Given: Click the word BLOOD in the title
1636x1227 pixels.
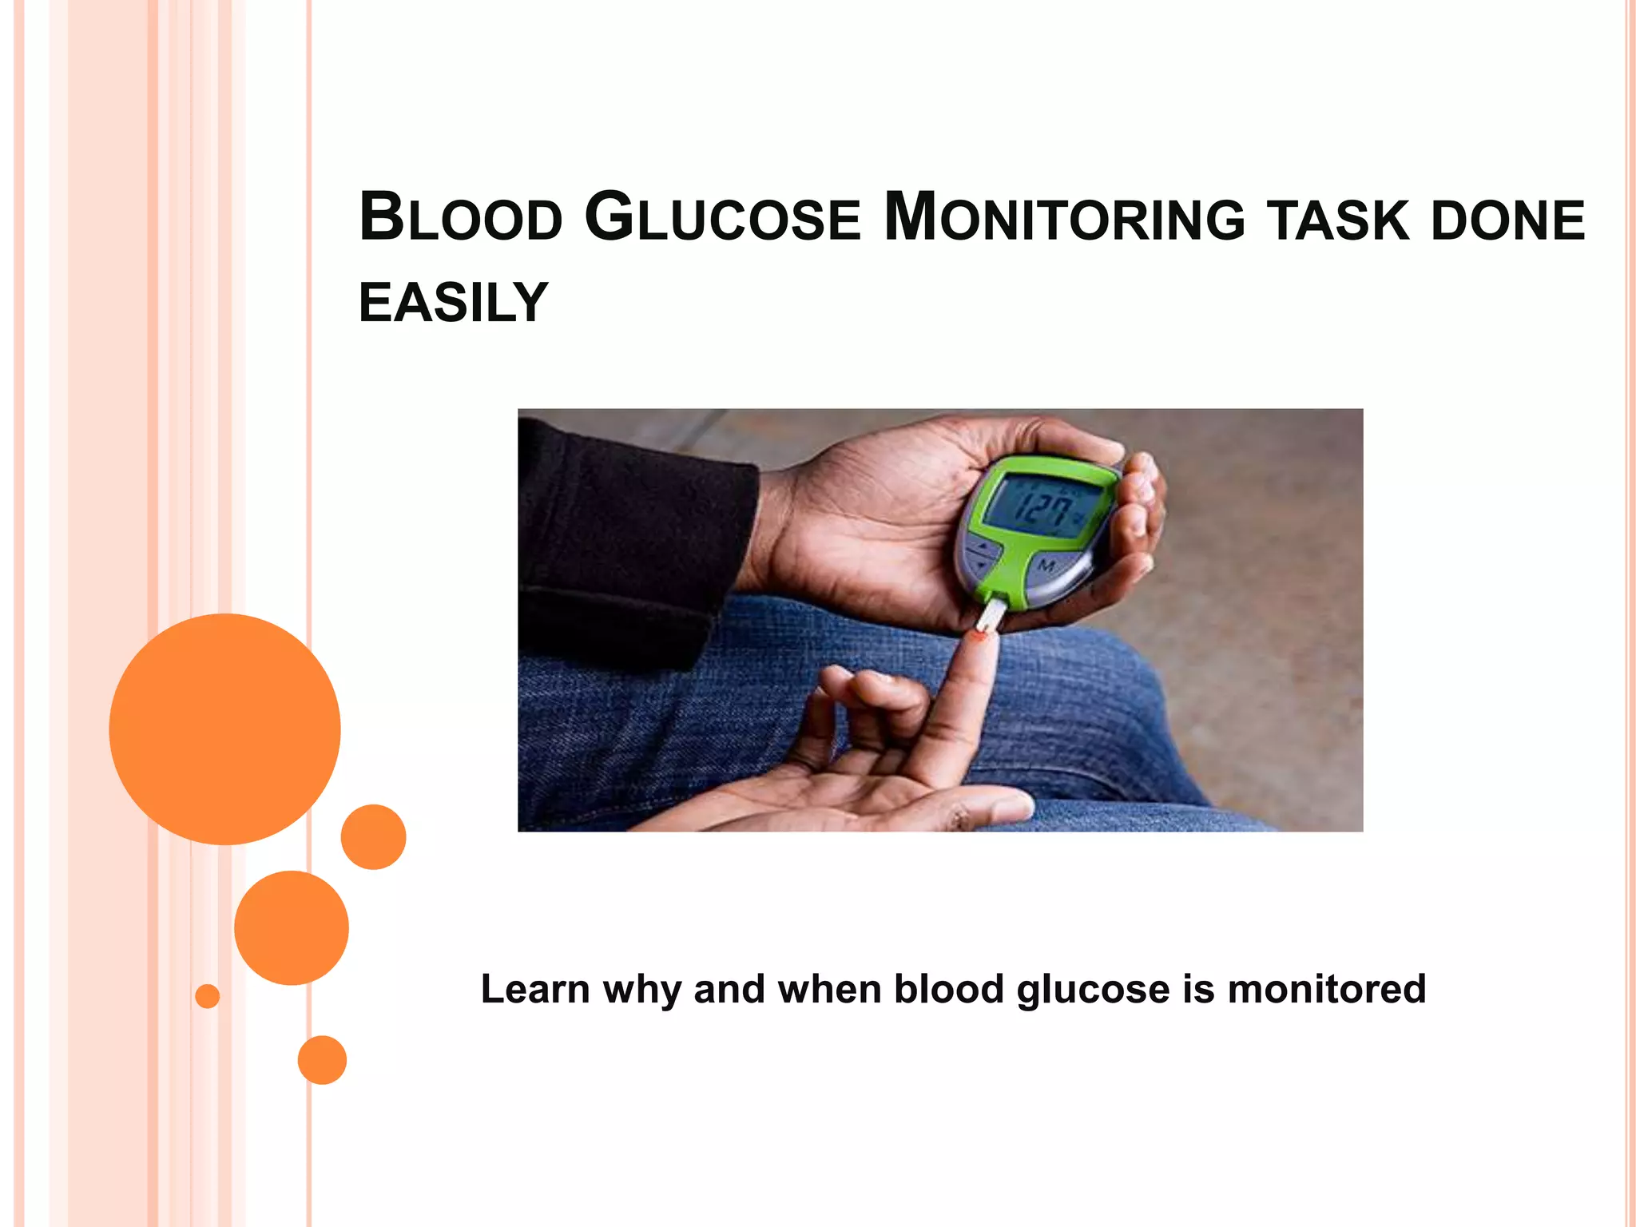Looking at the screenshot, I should click(461, 217).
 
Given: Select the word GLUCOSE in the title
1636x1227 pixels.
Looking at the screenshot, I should click(722, 217).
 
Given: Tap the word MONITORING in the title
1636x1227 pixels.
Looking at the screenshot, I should click(1064, 217).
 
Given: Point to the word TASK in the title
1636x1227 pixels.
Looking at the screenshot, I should click(1337, 220).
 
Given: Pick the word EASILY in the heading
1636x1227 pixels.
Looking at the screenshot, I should click(453, 303).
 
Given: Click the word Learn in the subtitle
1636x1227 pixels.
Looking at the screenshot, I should click(534, 989).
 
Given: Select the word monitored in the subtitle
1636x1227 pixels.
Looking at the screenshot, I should click(1326, 989).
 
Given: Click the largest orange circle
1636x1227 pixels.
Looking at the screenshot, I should click(224, 729).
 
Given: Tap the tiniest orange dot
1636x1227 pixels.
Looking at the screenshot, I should click(207, 996).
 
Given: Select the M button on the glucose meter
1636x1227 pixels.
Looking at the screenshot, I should click(1046, 566).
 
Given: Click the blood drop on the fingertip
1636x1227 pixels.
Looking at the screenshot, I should click(979, 636).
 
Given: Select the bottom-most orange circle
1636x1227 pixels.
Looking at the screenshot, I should click(322, 1059).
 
